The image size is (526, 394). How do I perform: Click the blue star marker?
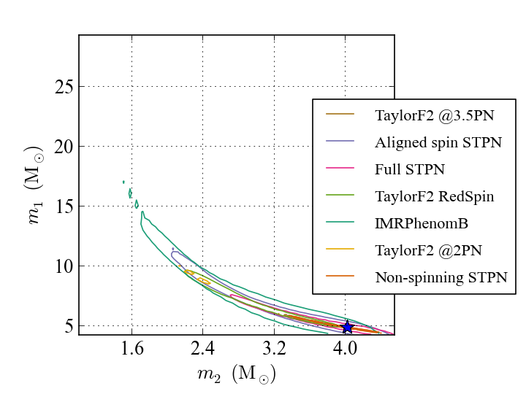click(x=348, y=327)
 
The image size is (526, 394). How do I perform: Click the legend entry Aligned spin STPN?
click(x=438, y=142)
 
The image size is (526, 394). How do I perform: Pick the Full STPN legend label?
click(x=410, y=169)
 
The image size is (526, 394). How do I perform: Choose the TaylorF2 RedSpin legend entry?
click(x=434, y=196)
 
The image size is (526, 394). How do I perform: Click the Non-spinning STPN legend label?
click(x=441, y=277)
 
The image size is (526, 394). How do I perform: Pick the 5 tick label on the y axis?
click(x=69, y=326)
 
